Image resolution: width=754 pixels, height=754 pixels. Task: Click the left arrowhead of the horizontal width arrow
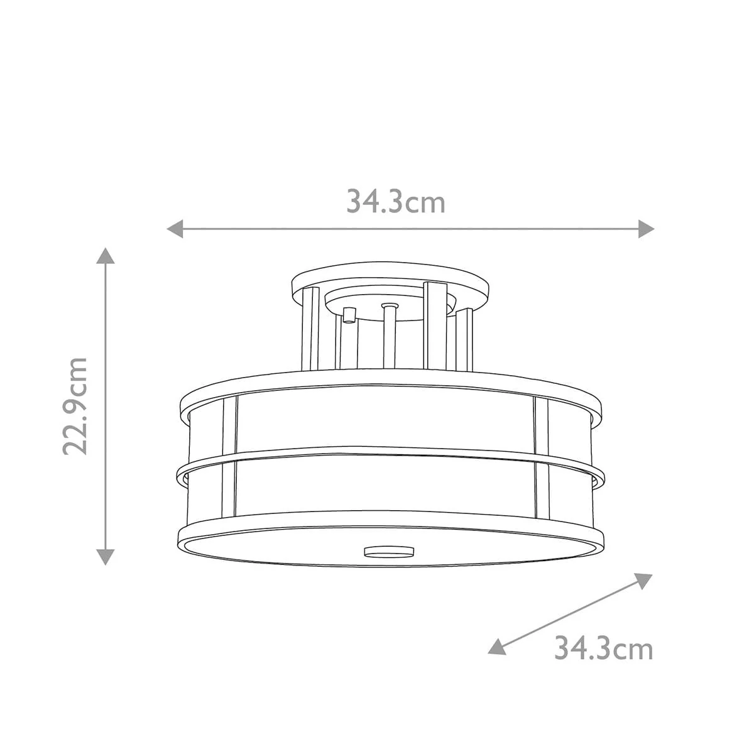(x=174, y=229)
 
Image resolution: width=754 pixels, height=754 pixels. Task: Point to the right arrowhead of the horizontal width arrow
(x=647, y=229)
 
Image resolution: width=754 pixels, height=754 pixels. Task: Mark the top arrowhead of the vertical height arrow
(x=106, y=256)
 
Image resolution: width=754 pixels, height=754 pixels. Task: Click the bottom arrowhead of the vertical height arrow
(x=106, y=555)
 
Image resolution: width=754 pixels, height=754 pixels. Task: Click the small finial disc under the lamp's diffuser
(x=390, y=552)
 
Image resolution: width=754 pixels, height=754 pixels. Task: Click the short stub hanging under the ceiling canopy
(x=349, y=314)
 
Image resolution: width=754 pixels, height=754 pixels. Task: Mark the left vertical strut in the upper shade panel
(x=231, y=424)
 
